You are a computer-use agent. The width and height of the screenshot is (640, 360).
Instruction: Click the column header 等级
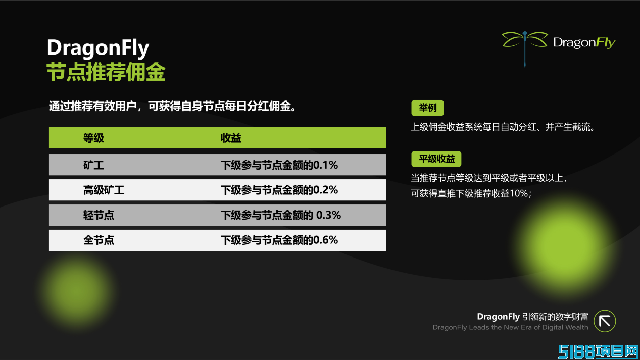coord(93,138)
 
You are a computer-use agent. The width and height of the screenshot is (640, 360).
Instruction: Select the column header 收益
coord(231,138)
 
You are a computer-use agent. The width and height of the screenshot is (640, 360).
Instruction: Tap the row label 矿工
coord(93,165)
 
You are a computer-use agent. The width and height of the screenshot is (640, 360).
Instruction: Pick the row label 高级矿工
coord(104,190)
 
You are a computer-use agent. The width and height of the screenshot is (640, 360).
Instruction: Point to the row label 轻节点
coord(99,215)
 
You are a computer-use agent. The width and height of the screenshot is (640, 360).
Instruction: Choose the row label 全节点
coord(99,240)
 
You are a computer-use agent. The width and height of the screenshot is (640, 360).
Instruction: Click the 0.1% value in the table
coord(325,165)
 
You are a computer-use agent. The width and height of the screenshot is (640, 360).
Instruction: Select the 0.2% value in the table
coord(325,190)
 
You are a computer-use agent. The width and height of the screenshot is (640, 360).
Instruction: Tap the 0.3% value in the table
coord(328,215)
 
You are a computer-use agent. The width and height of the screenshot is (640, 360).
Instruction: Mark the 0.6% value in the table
coord(325,240)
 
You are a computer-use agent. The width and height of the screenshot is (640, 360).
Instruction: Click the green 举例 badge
coord(427,108)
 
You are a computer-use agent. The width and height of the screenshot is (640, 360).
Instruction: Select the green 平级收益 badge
coord(436,159)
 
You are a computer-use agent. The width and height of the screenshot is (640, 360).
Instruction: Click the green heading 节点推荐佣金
coord(106,72)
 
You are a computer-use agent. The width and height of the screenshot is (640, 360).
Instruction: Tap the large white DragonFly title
coord(98,47)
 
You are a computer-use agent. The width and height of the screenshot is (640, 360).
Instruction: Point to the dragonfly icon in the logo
coord(524,48)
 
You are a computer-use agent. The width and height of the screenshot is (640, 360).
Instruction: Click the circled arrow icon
coord(605,321)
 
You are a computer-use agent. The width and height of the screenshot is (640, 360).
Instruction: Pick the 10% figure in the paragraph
coord(519,193)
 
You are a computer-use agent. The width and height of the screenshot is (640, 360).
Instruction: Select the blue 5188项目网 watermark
coord(598,351)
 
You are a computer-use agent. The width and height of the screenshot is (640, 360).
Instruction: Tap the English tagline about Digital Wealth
coord(510,327)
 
